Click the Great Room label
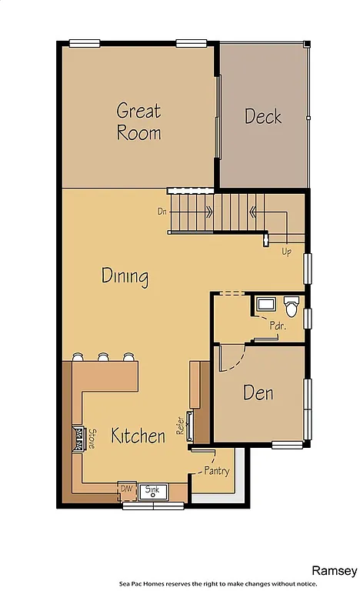(139, 121)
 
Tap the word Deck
(263, 116)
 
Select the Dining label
(125, 275)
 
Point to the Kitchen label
(138, 436)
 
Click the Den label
(258, 392)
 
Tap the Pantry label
(216, 470)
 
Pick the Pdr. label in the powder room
(277, 326)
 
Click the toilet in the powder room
(291, 306)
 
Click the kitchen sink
(153, 490)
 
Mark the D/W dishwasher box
(126, 489)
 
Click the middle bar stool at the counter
(102, 357)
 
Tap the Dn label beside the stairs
(162, 210)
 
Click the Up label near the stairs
(286, 251)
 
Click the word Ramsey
(334, 570)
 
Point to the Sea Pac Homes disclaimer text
(238, 584)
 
